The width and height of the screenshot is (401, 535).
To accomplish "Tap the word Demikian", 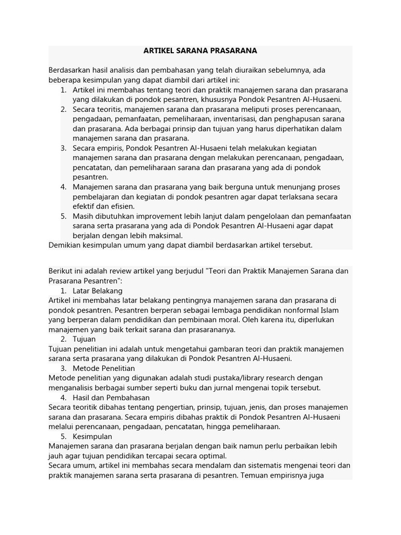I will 65,245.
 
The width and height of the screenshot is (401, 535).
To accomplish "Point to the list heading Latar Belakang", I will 98,290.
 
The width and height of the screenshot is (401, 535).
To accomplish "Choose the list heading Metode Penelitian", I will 104,368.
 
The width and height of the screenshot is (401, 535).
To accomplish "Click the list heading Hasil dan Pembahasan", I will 111,397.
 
